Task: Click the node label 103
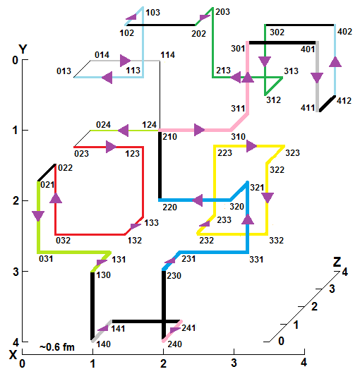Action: (x=152, y=13)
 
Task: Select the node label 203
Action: (x=222, y=12)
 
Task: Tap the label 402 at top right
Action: (x=344, y=32)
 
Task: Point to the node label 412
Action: (x=344, y=101)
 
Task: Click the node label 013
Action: (x=64, y=71)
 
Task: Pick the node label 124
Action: (x=150, y=125)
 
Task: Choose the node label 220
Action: (x=169, y=207)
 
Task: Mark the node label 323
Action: (x=292, y=153)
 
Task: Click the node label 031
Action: (x=46, y=259)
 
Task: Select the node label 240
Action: (x=174, y=344)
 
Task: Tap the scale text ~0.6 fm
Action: (x=57, y=347)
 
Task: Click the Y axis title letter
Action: (x=23, y=49)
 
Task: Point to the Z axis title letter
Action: (x=337, y=262)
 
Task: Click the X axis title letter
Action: (x=13, y=355)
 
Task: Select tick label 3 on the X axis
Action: (x=234, y=363)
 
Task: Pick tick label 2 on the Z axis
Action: (x=314, y=306)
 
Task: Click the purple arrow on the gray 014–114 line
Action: (x=125, y=61)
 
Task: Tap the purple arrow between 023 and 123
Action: (x=111, y=147)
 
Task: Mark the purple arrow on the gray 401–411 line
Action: (x=317, y=78)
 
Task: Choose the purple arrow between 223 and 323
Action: (x=251, y=146)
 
